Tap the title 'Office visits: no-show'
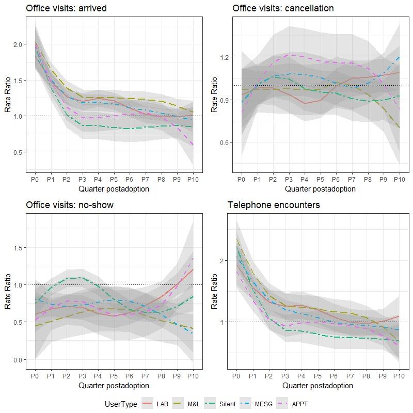coord(70,205)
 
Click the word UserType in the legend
coord(121,404)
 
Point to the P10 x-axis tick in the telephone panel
coord(399,376)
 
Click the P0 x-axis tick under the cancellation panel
coord(241,179)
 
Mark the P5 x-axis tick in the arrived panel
coord(114,179)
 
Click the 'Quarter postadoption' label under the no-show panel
coord(114,386)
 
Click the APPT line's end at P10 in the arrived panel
coord(194,145)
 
